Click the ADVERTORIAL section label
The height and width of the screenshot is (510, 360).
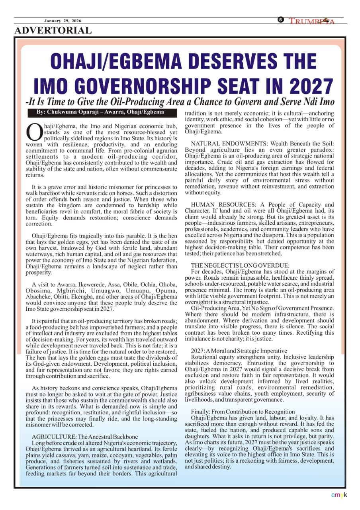click(x=53, y=30)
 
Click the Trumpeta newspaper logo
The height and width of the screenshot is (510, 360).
click(x=311, y=21)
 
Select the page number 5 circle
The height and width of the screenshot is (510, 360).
click(x=281, y=20)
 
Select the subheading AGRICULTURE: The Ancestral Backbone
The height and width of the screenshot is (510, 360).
click(x=85, y=437)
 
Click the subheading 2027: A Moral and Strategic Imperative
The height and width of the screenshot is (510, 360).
click(x=239, y=351)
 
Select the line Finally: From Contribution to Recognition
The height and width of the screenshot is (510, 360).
click(x=243, y=412)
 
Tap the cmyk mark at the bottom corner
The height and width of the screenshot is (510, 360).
click(x=339, y=495)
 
